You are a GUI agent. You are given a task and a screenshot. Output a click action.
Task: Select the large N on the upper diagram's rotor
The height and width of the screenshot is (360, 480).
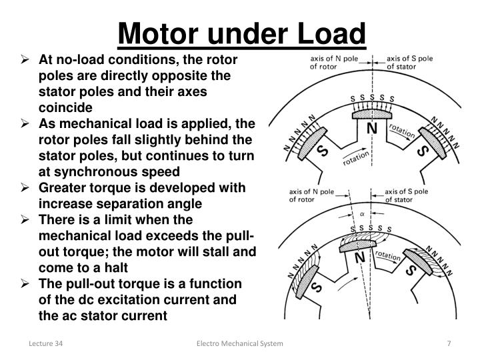373,128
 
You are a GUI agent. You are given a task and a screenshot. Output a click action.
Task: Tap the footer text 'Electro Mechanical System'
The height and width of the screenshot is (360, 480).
239,343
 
